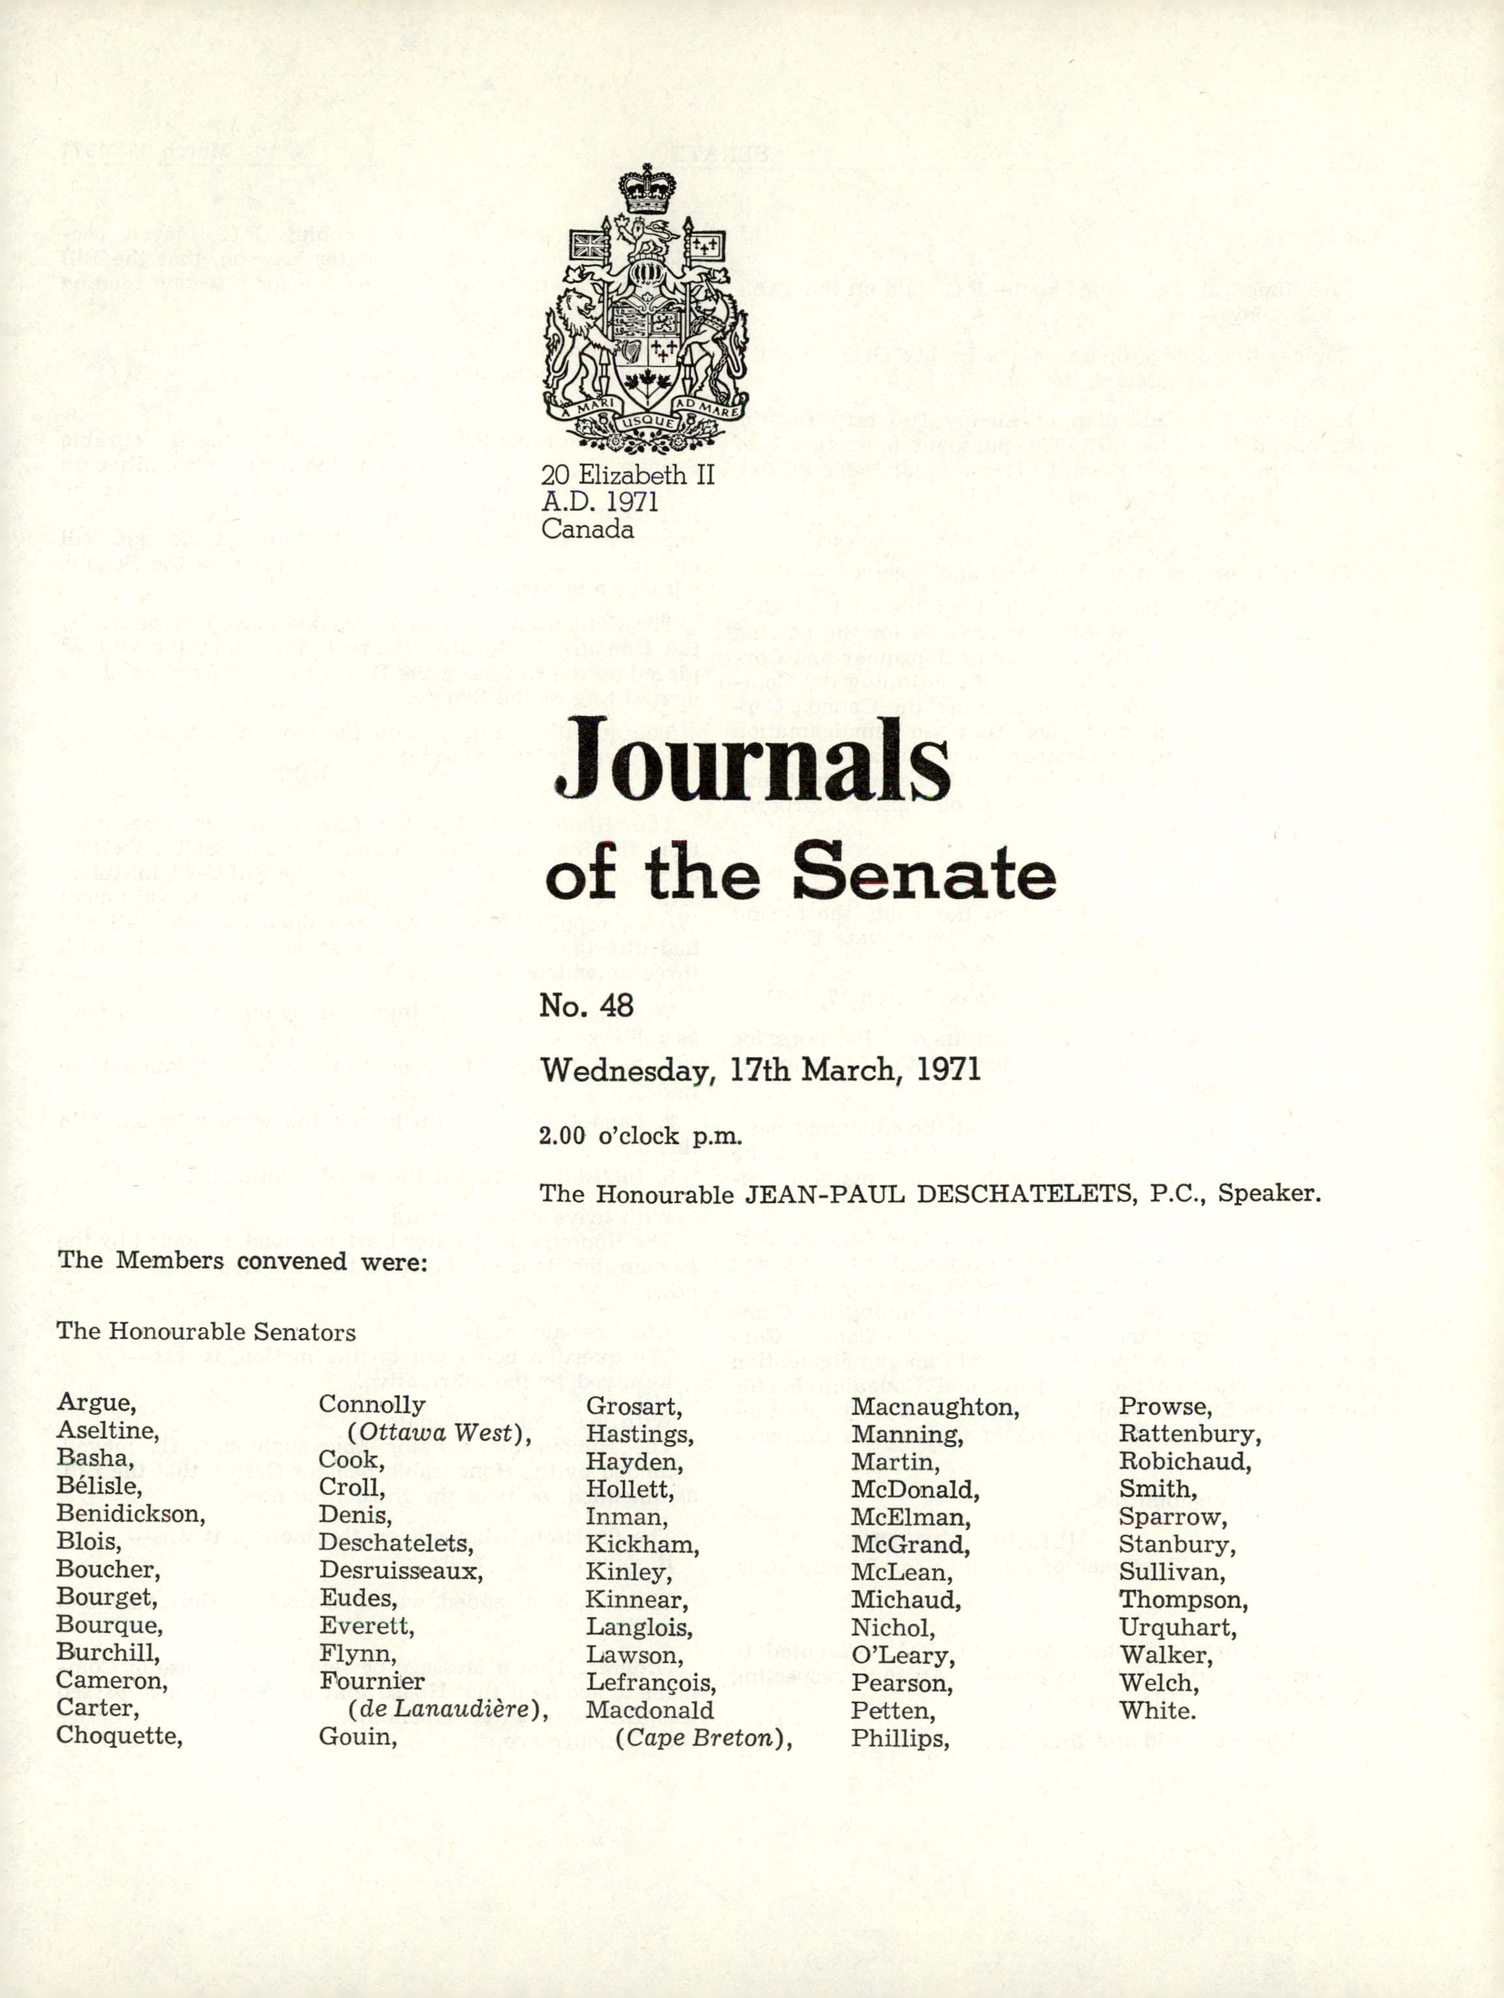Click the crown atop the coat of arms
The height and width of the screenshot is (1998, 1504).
647,188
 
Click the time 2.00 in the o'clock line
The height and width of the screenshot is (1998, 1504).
562,1136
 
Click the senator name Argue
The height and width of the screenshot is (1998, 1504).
96,1402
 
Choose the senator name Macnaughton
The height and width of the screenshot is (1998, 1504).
934,1406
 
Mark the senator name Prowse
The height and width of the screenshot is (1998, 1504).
1164,1406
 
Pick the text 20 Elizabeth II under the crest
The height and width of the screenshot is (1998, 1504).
627,474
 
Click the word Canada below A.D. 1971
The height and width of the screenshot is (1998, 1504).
587,529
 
